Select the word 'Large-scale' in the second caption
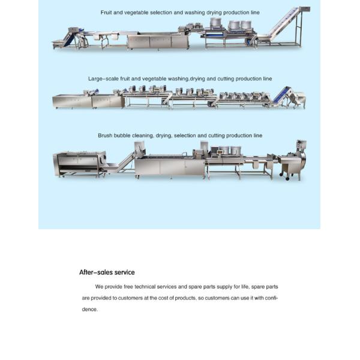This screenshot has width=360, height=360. click(101, 79)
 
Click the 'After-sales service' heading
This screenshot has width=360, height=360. click(107, 272)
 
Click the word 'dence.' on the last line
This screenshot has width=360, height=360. click(89, 309)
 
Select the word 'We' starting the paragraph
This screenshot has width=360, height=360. click(99, 286)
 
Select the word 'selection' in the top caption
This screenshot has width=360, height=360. click(157, 12)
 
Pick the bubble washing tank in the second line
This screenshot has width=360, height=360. click(73, 100)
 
